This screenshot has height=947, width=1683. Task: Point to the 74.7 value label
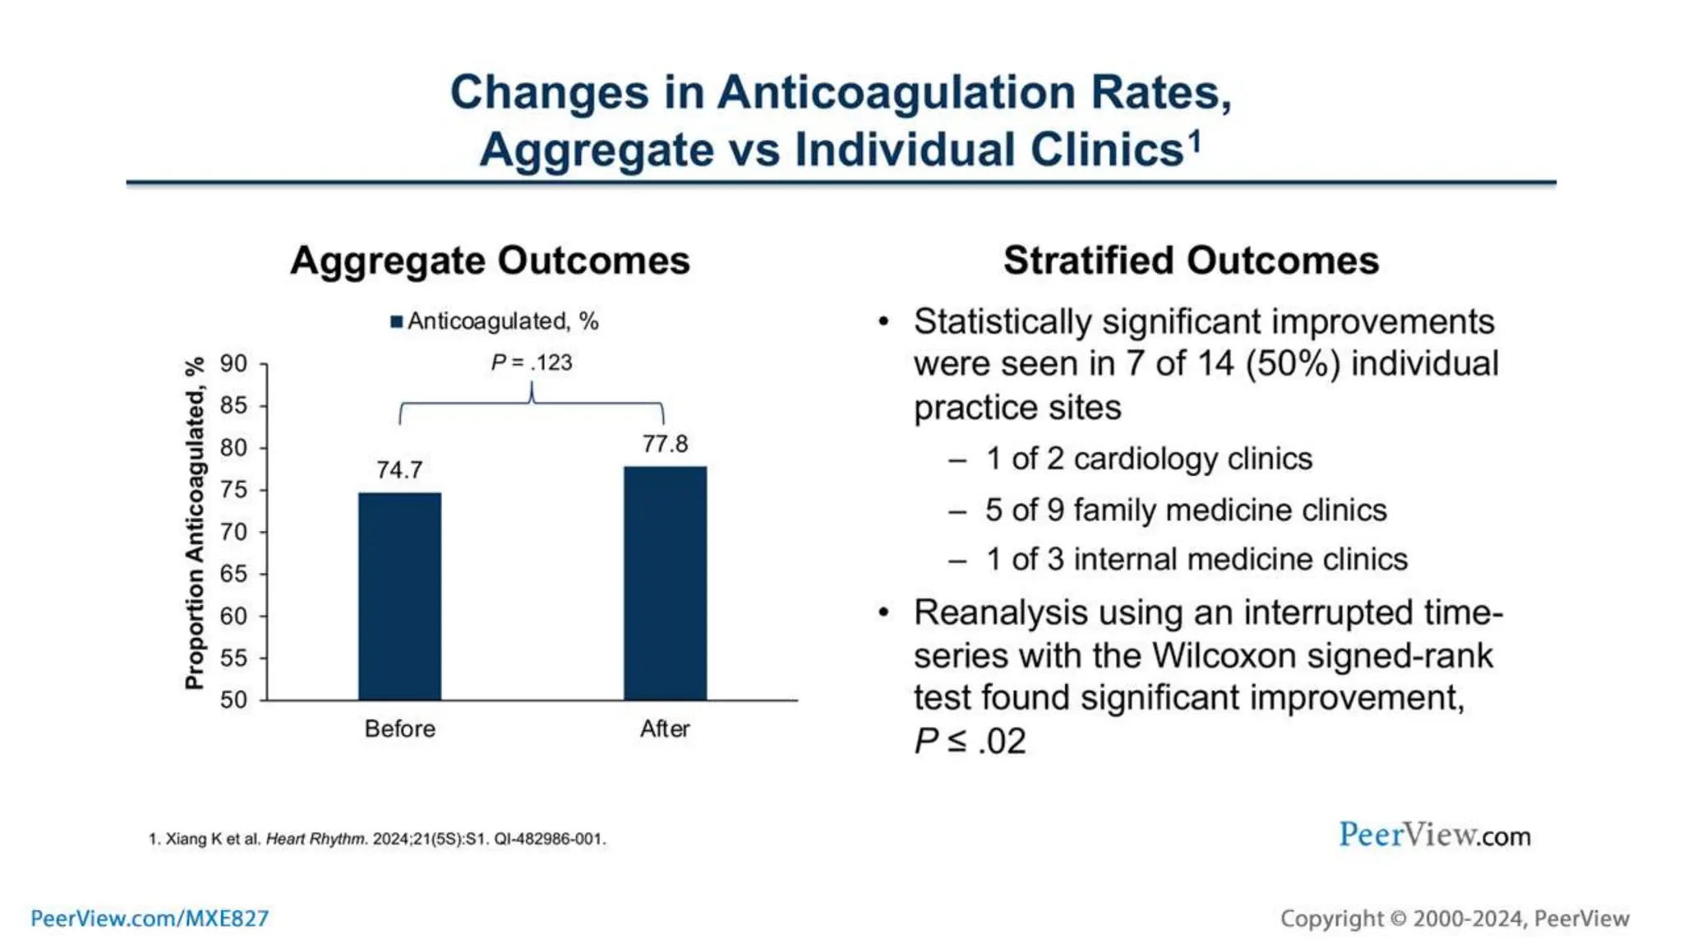[399, 469]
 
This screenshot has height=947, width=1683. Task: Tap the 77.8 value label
[665, 444]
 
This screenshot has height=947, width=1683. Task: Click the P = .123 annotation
[531, 362]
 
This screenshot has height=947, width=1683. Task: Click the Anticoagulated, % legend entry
[495, 321]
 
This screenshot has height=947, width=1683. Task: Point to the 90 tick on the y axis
[233, 363]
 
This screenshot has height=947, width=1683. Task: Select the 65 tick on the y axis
[233, 574]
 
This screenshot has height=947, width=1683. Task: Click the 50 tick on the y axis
[233, 700]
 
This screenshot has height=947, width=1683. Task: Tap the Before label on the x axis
[399, 728]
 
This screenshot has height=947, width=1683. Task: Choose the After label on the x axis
[665, 728]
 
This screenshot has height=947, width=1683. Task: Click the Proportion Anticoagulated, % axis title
[194, 524]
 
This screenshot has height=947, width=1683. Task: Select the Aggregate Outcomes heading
[490, 261]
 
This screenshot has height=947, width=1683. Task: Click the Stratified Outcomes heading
[1191, 261]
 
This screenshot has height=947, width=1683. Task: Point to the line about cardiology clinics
[1148, 459]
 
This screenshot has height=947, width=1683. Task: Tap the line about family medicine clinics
[1185, 510]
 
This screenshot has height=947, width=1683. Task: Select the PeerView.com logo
[1434, 835]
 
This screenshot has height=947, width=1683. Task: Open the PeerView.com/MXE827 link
[150, 918]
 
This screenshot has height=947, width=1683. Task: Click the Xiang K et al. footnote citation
[377, 839]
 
